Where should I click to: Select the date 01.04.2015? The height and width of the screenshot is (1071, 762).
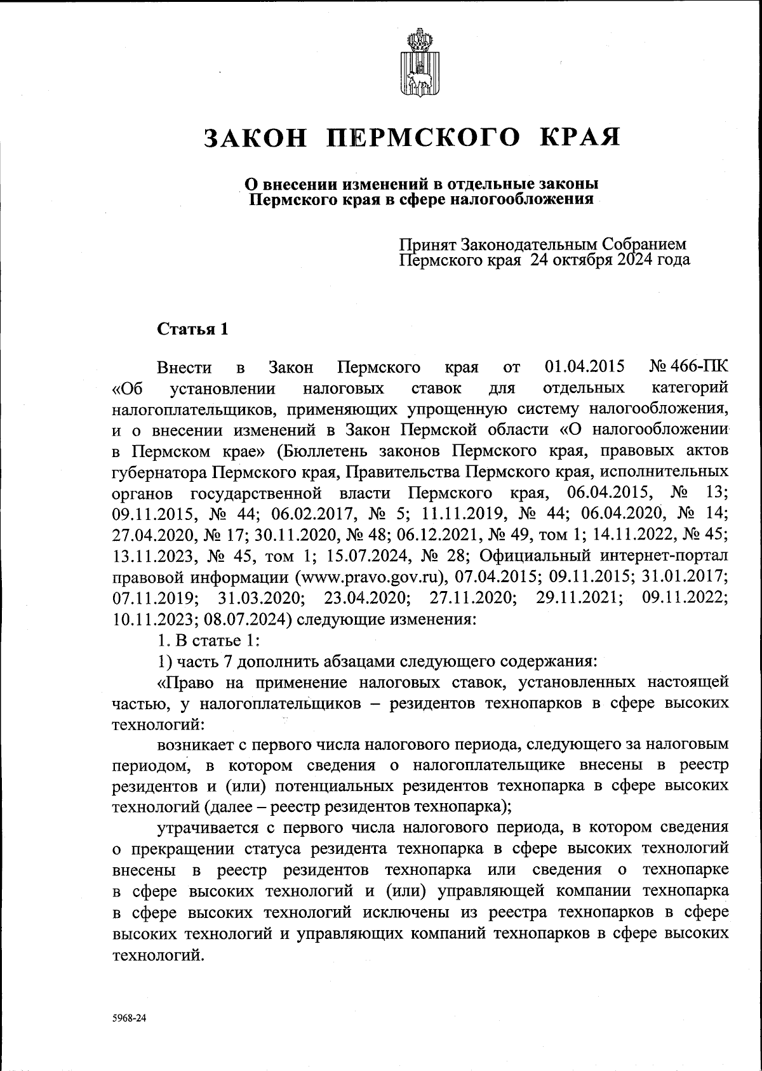pos(585,367)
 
